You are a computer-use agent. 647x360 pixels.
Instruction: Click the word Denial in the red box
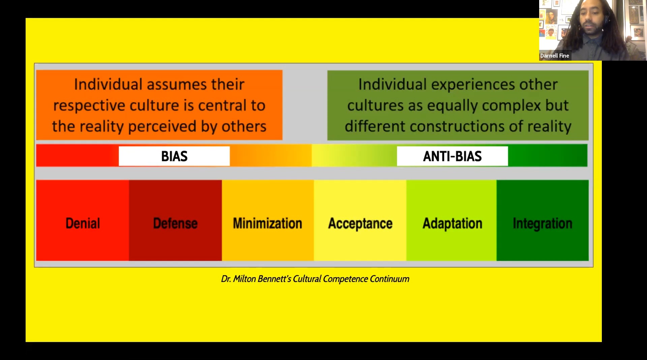[83, 223]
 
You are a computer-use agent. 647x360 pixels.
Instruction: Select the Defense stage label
[175, 223]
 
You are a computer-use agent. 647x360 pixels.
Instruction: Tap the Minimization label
[268, 223]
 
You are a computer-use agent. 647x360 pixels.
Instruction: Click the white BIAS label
[174, 156]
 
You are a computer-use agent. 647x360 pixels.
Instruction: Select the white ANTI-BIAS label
[452, 156]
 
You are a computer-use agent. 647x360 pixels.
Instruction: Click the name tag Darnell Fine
[555, 56]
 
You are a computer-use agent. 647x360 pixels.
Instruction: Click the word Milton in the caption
[244, 279]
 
